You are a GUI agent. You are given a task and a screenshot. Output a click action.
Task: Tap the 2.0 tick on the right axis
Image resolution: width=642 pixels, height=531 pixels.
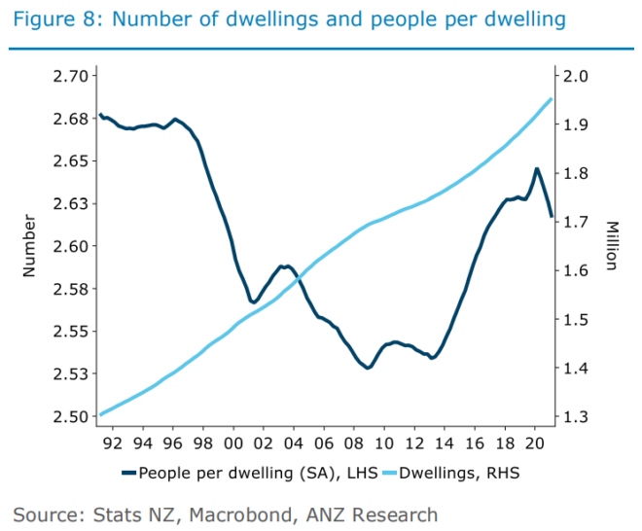click(x=571, y=76)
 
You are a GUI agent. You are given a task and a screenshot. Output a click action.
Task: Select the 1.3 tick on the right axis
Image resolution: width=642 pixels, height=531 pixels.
click(x=571, y=416)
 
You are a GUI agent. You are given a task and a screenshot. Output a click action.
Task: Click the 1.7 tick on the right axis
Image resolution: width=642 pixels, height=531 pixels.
click(x=571, y=222)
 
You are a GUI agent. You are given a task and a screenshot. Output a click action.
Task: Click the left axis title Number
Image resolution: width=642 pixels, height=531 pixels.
click(x=28, y=247)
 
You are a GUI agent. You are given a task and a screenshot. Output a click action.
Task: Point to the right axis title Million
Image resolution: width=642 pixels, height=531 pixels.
click(x=611, y=245)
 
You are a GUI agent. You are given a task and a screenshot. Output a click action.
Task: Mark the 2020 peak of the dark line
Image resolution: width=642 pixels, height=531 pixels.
click(x=536, y=168)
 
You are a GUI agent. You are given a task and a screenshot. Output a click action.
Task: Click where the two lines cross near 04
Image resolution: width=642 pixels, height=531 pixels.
click(x=296, y=278)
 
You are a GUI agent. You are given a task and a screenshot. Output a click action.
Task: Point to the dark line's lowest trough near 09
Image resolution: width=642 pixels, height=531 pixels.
click(x=369, y=368)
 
